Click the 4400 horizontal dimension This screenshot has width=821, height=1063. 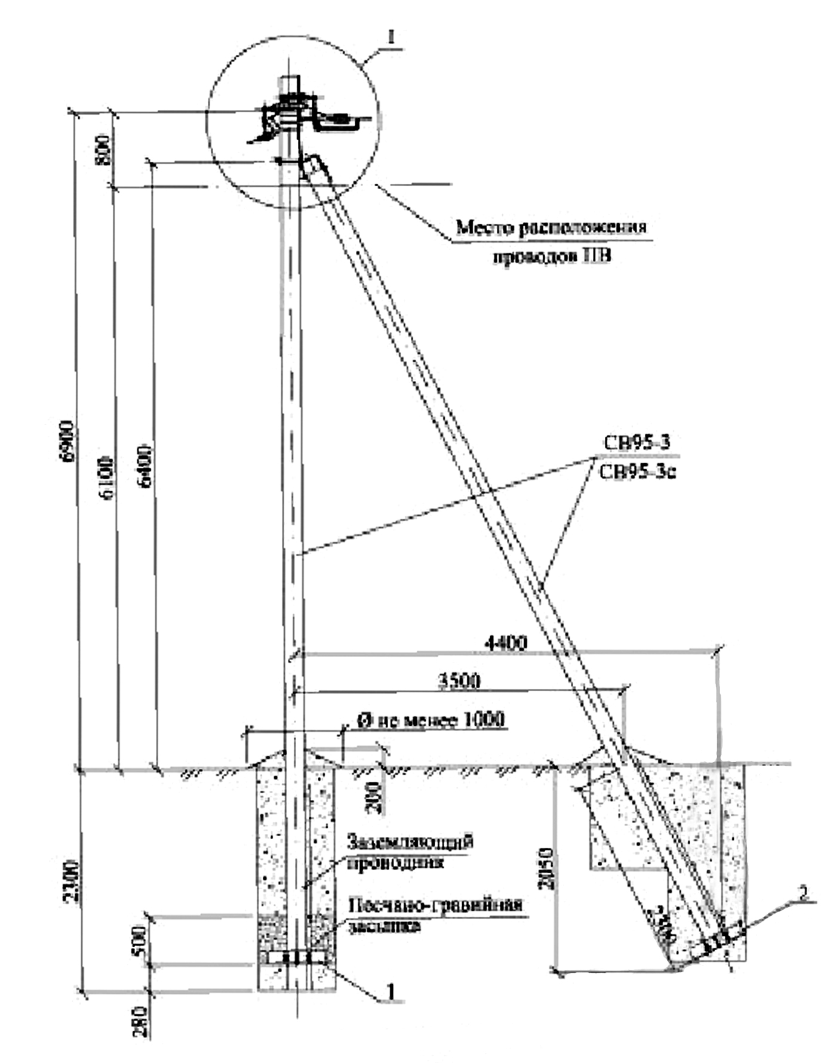pyautogui.click(x=506, y=643)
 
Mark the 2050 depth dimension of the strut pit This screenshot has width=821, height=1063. pyautogui.click(x=545, y=868)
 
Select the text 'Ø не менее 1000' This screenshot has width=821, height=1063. pyautogui.click(x=431, y=720)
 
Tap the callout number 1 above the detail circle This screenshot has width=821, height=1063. pyautogui.click(x=392, y=38)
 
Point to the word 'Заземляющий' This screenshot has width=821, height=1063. pyautogui.click(x=411, y=842)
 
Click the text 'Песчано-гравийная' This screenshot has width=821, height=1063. pyautogui.click(x=435, y=905)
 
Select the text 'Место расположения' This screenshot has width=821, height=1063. pyautogui.click(x=551, y=227)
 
